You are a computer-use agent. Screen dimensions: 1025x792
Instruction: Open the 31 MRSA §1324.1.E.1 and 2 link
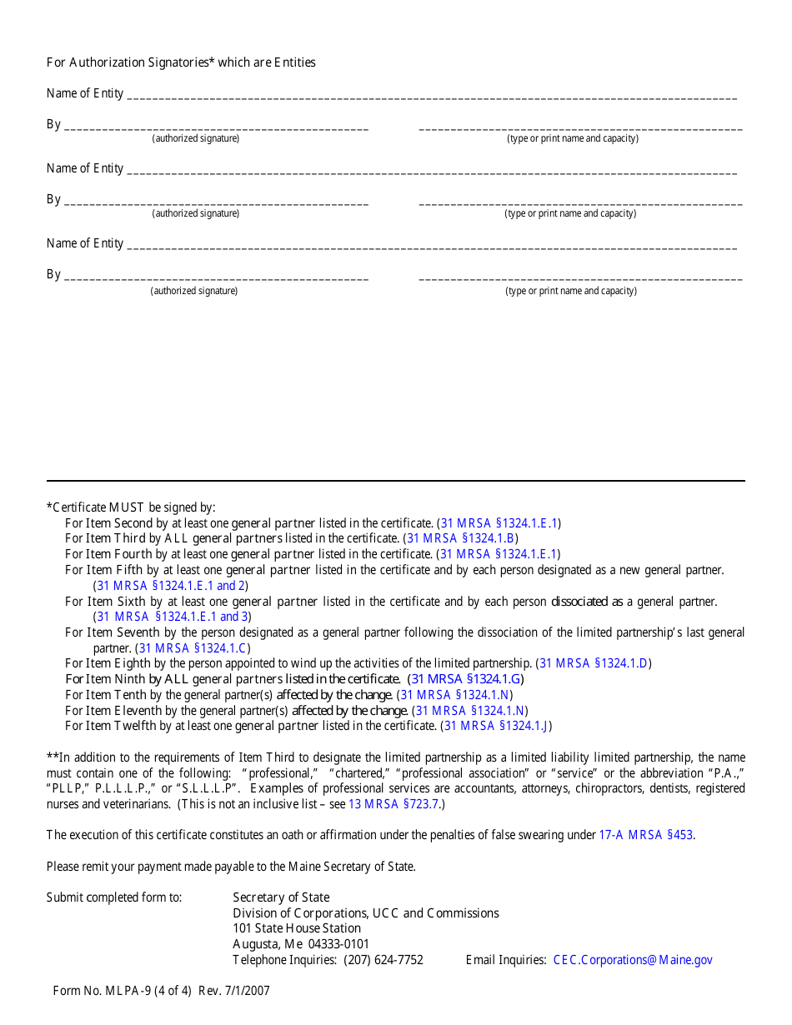(x=170, y=585)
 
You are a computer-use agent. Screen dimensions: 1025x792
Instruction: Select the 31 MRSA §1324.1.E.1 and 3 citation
(x=173, y=617)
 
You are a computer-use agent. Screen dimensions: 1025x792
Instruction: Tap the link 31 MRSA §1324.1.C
(x=192, y=647)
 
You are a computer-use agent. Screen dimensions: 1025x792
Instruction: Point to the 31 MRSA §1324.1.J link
(x=495, y=726)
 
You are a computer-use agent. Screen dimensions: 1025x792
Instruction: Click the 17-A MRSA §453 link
(x=645, y=835)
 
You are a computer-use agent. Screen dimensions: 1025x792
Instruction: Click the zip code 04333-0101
(x=338, y=944)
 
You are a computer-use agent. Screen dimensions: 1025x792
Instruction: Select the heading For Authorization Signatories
(x=131, y=62)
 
